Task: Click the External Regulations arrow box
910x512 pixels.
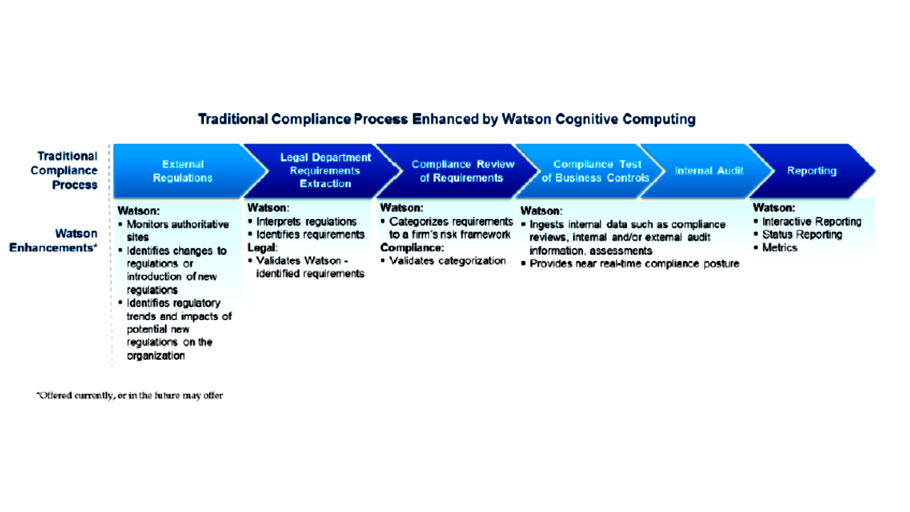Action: pos(183,171)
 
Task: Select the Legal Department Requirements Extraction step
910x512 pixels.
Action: pos(325,171)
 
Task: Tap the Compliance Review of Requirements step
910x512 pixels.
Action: pos(462,171)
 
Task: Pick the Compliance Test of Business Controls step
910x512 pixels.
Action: pos(596,171)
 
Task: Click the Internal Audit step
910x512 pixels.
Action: pos(709,171)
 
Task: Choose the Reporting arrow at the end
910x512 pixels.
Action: pos(811,171)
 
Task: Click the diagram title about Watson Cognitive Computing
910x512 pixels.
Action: pos(446,119)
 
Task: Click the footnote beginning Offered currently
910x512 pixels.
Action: pos(130,395)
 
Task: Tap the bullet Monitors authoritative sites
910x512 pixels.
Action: pos(177,230)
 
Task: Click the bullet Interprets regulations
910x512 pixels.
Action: pos(306,222)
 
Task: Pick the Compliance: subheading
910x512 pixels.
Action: pos(412,247)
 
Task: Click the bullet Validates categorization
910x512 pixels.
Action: pos(447,261)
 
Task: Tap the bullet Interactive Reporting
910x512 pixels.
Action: pos(811,222)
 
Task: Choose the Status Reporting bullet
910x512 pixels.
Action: pos(802,235)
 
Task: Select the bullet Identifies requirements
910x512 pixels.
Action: pos(310,235)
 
